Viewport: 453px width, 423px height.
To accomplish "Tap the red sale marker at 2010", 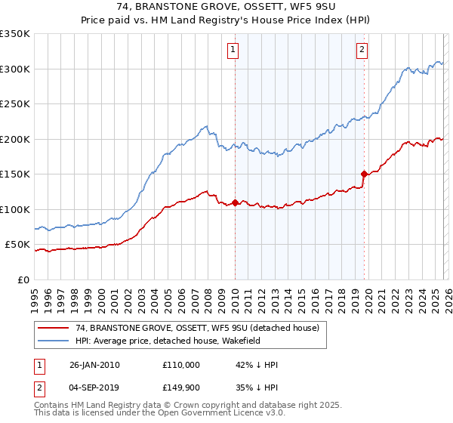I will pos(235,202).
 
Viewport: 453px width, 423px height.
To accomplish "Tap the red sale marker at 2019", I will pos(364,174).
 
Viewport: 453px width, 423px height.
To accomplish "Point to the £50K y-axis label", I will pos(17,245).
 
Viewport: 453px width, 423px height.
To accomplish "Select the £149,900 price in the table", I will pos(181,387).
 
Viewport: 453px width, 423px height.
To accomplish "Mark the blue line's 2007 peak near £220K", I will pos(205,126).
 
